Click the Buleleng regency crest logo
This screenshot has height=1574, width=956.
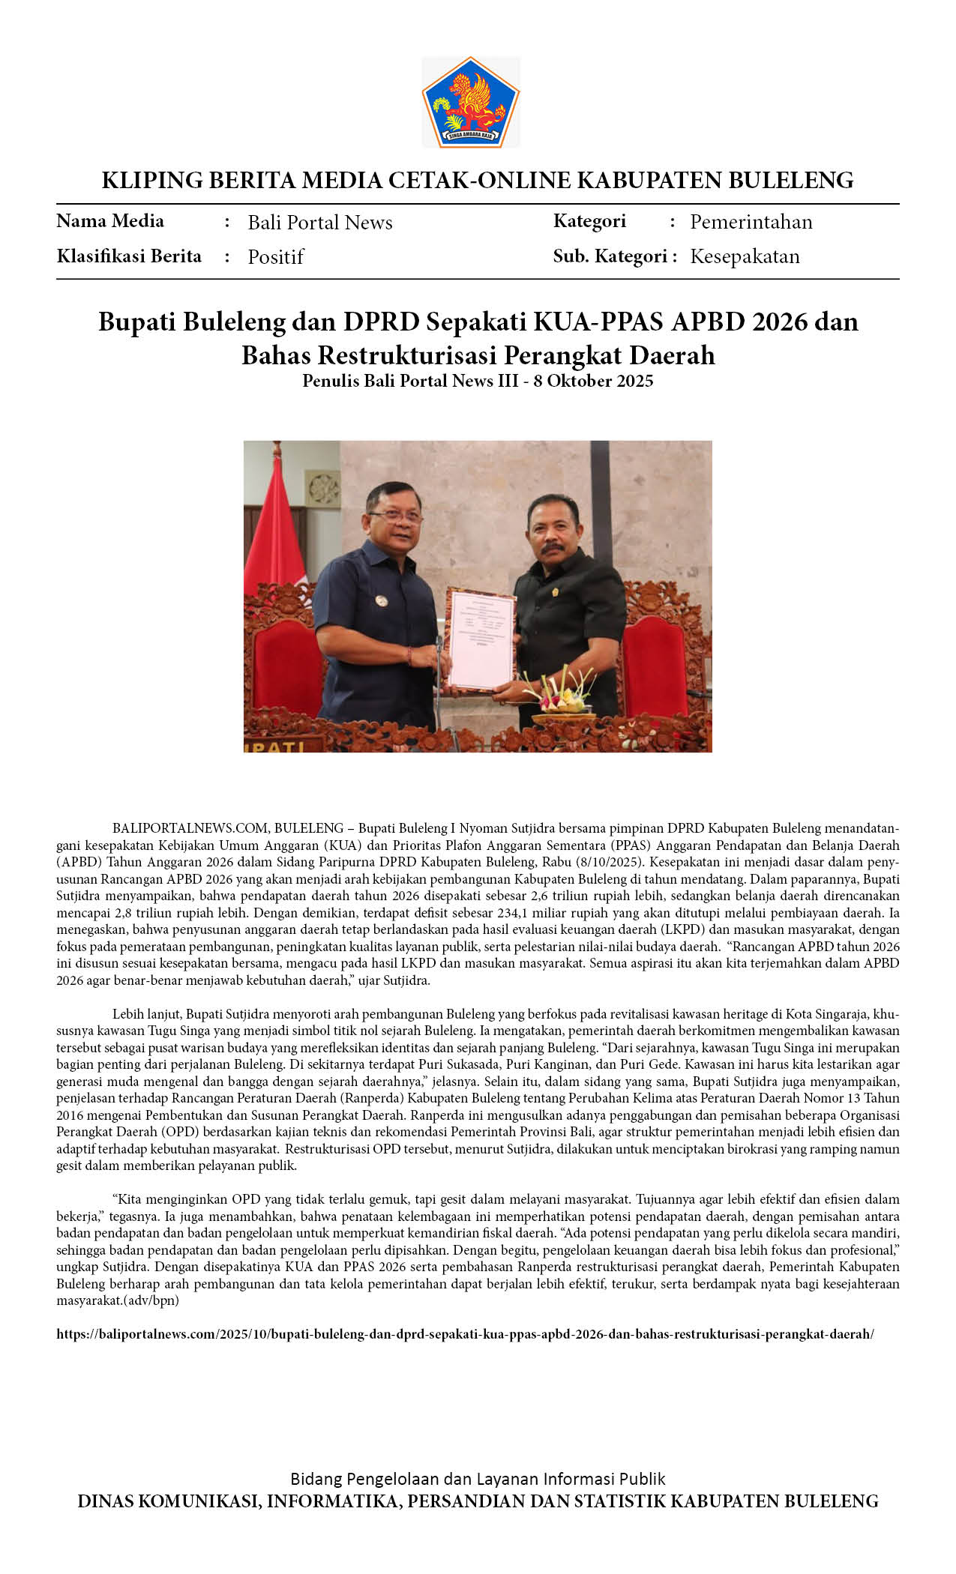[470, 101]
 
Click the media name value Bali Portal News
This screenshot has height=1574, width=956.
[320, 223]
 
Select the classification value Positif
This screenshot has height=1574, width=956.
[275, 257]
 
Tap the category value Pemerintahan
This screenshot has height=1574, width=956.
[751, 222]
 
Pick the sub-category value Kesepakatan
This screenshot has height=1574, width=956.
[745, 256]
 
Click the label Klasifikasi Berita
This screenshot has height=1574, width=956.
[129, 256]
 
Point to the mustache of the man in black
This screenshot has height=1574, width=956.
[553, 548]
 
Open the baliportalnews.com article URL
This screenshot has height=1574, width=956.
[465, 1334]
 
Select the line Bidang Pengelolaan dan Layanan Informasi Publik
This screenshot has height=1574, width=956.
[478, 1479]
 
